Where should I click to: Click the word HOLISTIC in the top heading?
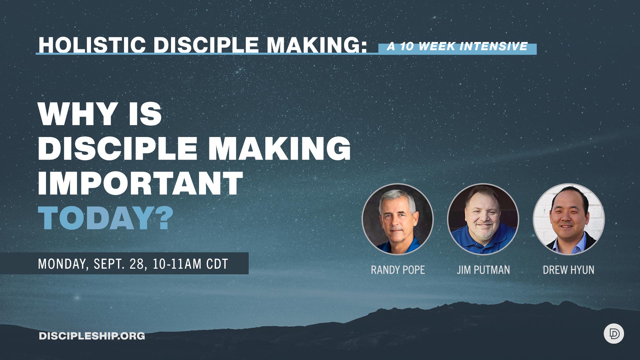pos(92,45)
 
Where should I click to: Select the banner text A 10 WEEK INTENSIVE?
pos(457,47)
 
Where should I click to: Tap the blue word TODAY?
pos(106,218)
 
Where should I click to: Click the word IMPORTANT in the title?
pos(140,183)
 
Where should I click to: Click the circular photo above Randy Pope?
pos(398,219)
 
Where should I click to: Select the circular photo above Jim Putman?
pos(483,219)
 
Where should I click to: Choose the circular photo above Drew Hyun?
pos(569,219)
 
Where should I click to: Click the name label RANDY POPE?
pos(398,270)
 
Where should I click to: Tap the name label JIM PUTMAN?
pos(483,270)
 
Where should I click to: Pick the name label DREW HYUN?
pos(568,270)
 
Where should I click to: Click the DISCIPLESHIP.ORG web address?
pos(92,336)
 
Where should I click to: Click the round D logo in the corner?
pos(614,334)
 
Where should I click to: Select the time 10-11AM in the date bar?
pos(177,264)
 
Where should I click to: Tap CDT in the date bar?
pos(217,264)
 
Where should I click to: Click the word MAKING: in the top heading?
pos(317,45)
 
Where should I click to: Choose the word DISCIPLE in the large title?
pos(118,148)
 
